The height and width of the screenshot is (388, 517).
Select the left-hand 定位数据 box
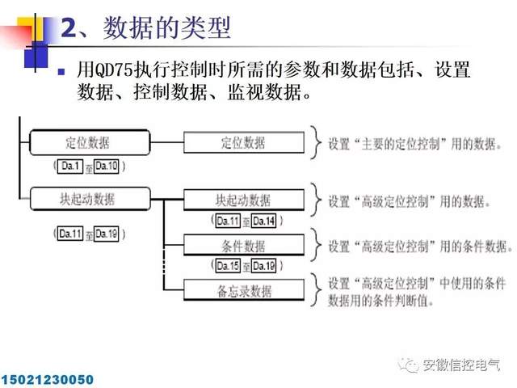[87, 142]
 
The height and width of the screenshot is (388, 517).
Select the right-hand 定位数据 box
[243, 142]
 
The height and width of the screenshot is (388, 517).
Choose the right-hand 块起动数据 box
[243, 200]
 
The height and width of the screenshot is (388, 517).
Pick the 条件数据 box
[243, 246]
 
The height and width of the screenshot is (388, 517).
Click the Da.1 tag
[69, 166]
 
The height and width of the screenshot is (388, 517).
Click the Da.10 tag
[106, 166]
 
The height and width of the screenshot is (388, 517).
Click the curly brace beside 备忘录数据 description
[315, 291]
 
